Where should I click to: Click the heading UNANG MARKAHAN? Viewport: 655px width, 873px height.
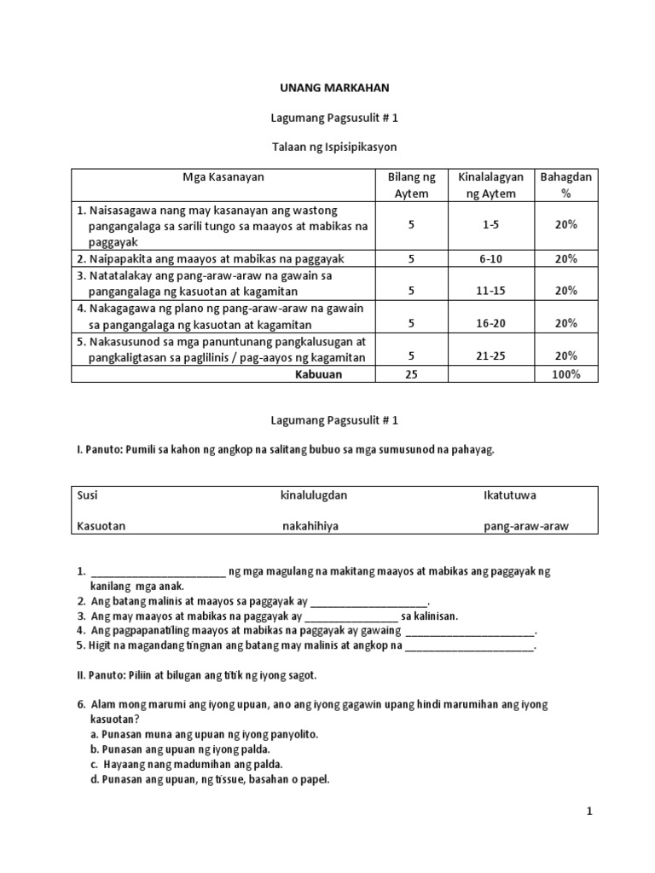pos(328,88)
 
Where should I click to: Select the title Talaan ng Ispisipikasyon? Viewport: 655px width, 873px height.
pos(328,147)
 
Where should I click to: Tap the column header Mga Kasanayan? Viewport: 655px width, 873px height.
pos(223,177)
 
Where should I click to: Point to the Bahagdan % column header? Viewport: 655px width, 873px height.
pos(565,185)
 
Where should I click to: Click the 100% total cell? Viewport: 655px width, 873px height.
pos(565,374)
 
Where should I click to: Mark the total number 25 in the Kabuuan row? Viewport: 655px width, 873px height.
pos(411,374)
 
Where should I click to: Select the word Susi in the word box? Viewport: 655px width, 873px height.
pos(88,494)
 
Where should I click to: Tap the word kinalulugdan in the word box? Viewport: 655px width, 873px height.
pos(314,494)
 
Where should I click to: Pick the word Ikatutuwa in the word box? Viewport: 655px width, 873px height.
pos(509,494)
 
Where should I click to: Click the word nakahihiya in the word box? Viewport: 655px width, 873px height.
pos(310,526)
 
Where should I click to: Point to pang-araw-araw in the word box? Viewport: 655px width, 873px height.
pos(525,526)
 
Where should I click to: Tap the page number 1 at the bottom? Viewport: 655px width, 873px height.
pos(588,812)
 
